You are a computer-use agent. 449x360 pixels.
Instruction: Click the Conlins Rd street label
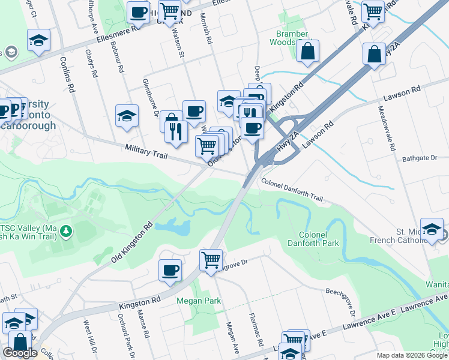[x=67, y=75]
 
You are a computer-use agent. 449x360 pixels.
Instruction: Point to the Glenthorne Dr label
[x=149, y=96]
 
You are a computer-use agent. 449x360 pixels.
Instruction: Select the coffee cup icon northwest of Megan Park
[x=170, y=269]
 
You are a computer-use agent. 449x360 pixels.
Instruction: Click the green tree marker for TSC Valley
[x=67, y=230]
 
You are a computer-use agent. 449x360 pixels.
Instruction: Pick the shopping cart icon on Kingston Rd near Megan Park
[x=211, y=260]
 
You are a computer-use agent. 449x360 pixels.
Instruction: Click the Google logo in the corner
[x=20, y=353]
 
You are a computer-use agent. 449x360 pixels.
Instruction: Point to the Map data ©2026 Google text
[x=412, y=355]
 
